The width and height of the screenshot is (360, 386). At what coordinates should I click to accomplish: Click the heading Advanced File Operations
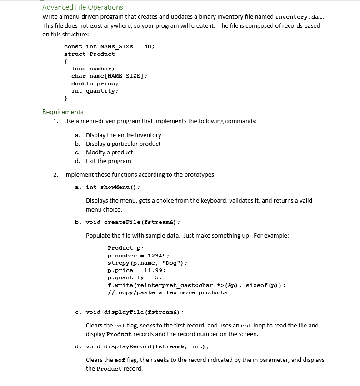click(82, 7)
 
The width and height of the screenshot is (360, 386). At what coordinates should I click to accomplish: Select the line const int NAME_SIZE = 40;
click(109, 46)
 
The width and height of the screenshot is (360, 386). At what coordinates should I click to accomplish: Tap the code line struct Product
click(89, 54)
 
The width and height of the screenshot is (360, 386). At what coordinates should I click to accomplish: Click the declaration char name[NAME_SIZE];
click(109, 76)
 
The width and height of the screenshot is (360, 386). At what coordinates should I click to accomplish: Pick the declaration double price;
click(95, 84)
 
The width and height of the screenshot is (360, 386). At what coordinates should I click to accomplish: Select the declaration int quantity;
click(95, 91)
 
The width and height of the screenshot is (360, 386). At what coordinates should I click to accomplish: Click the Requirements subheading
click(63, 112)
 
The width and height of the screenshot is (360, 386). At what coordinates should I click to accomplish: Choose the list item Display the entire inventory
click(123, 135)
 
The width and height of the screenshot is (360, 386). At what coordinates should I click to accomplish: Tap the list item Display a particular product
click(123, 144)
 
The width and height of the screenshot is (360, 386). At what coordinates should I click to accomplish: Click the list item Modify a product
click(109, 152)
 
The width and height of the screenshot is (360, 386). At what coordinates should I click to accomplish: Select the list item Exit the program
click(108, 161)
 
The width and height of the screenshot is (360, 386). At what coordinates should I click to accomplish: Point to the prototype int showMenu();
click(113, 187)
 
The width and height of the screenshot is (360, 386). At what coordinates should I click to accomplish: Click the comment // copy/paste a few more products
click(167, 292)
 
